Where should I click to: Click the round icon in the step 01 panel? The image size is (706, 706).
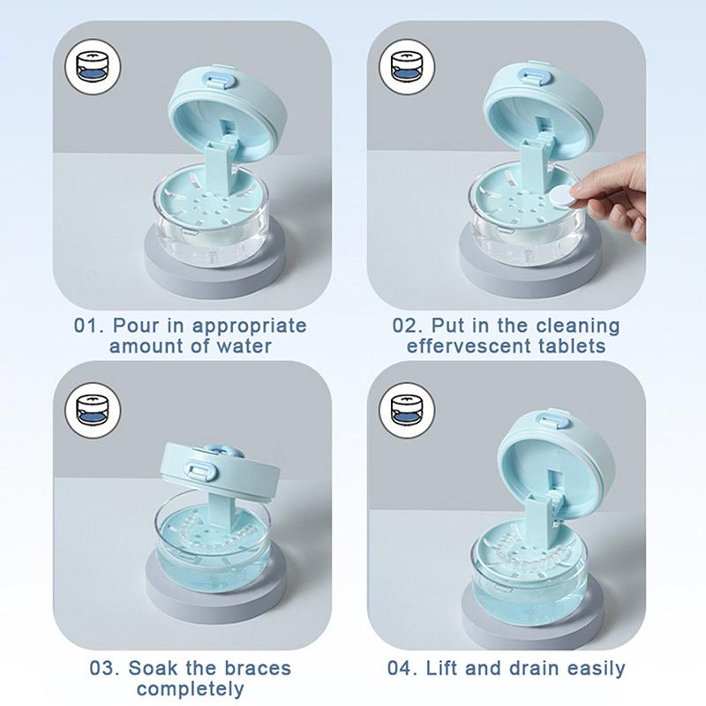pos(93,67)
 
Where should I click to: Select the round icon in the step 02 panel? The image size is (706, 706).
pos(407,67)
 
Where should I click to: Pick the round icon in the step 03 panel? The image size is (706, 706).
pos(93,410)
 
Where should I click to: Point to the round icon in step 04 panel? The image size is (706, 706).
pos(407,410)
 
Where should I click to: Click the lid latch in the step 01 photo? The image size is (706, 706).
pos(220,79)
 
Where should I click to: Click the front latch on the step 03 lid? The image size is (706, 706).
pos(201,470)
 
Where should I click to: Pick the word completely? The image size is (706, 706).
pos(191,689)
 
